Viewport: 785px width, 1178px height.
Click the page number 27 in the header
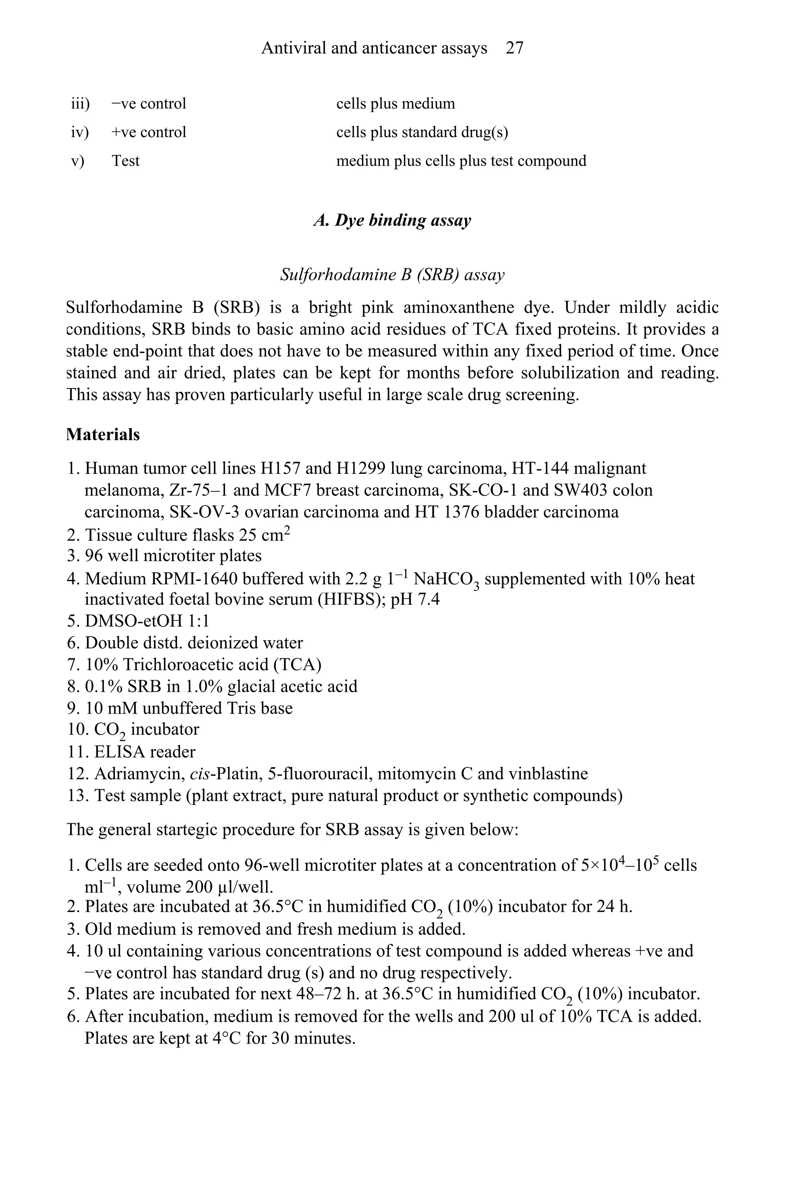(514, 48)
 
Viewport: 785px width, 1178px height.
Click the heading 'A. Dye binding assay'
(392, 220)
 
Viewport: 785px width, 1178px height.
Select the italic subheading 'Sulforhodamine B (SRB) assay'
(392, 275)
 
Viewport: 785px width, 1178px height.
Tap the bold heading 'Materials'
(103, 434)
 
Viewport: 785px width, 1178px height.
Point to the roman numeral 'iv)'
(80, 132)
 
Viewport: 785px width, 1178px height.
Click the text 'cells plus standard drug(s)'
(422, 132)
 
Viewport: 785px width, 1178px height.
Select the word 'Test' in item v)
(125, 161)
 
